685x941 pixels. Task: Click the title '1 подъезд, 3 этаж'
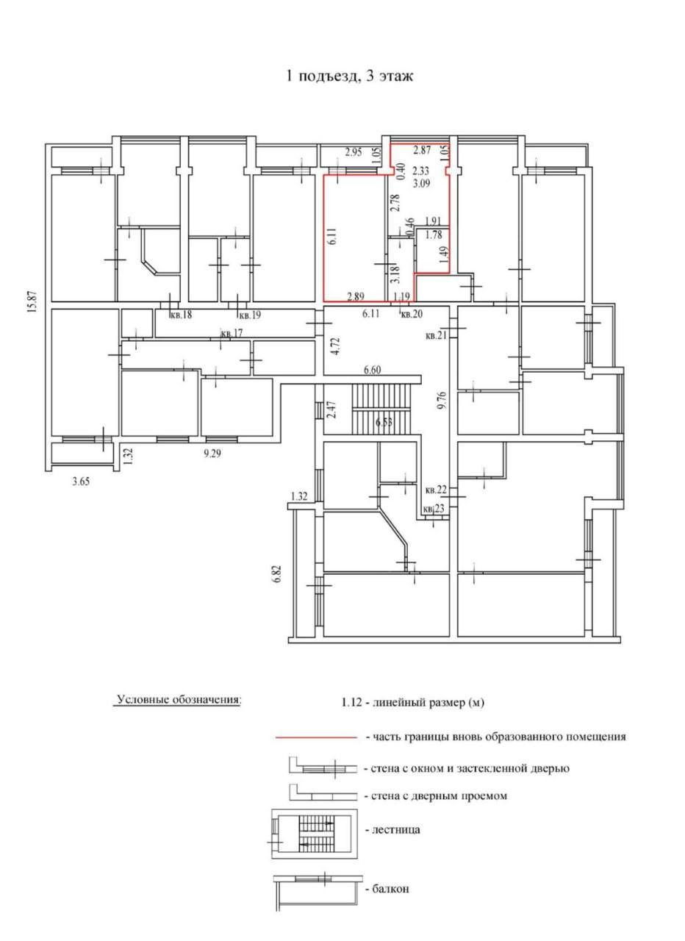pos(349,76)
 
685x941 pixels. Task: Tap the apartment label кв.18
pos(181,314)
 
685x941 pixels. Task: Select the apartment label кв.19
pos(249,314)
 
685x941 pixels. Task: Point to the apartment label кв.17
pos(232,334)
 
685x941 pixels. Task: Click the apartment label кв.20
pos(411,313)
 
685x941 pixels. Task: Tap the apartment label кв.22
pos(436,490)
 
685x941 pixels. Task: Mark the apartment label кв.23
pos(434,509)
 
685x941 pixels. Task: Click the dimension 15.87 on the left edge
pos(34,301)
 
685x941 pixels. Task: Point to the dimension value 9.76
pos(440,402)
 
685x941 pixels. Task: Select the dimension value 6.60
pos(372,370)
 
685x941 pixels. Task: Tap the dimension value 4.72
pos(334,346)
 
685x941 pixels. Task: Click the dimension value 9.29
pos(212,454)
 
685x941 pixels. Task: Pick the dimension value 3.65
pos(81,482)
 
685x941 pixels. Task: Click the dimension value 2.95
pos(354,152)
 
